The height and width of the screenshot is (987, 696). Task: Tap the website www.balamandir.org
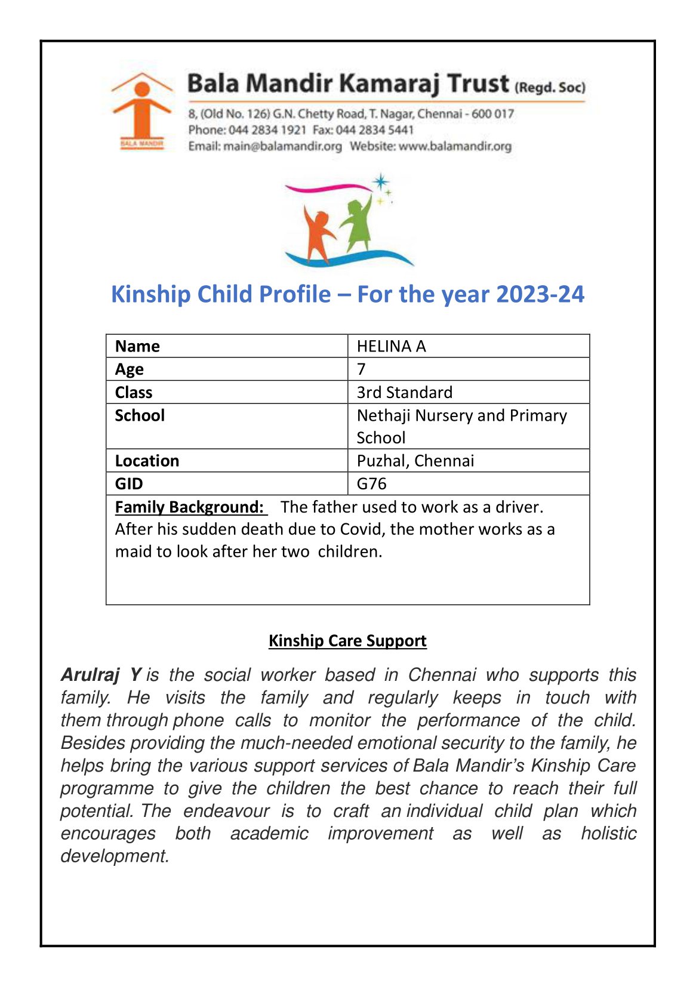pos(455,146)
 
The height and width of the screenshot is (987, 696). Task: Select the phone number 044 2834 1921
pos(267,130)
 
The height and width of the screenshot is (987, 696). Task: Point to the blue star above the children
pos(380,181)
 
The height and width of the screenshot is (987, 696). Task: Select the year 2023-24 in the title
pos(540,294)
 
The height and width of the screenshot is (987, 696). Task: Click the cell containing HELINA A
pos(391,346)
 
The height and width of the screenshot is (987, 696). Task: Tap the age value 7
pos(361,369)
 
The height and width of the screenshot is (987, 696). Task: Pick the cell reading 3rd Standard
pos(404,392)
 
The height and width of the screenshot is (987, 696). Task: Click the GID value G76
pos(371,483)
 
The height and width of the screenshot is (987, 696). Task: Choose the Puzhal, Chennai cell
pos(415,461)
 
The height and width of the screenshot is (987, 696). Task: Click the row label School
pos(140,415)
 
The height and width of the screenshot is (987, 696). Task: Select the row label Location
pos(147,461)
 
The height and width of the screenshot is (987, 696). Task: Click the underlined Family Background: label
pos(190,507)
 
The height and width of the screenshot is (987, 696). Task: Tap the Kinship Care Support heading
pos(347,640)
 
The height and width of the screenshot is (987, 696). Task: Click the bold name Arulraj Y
pos(100,675)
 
